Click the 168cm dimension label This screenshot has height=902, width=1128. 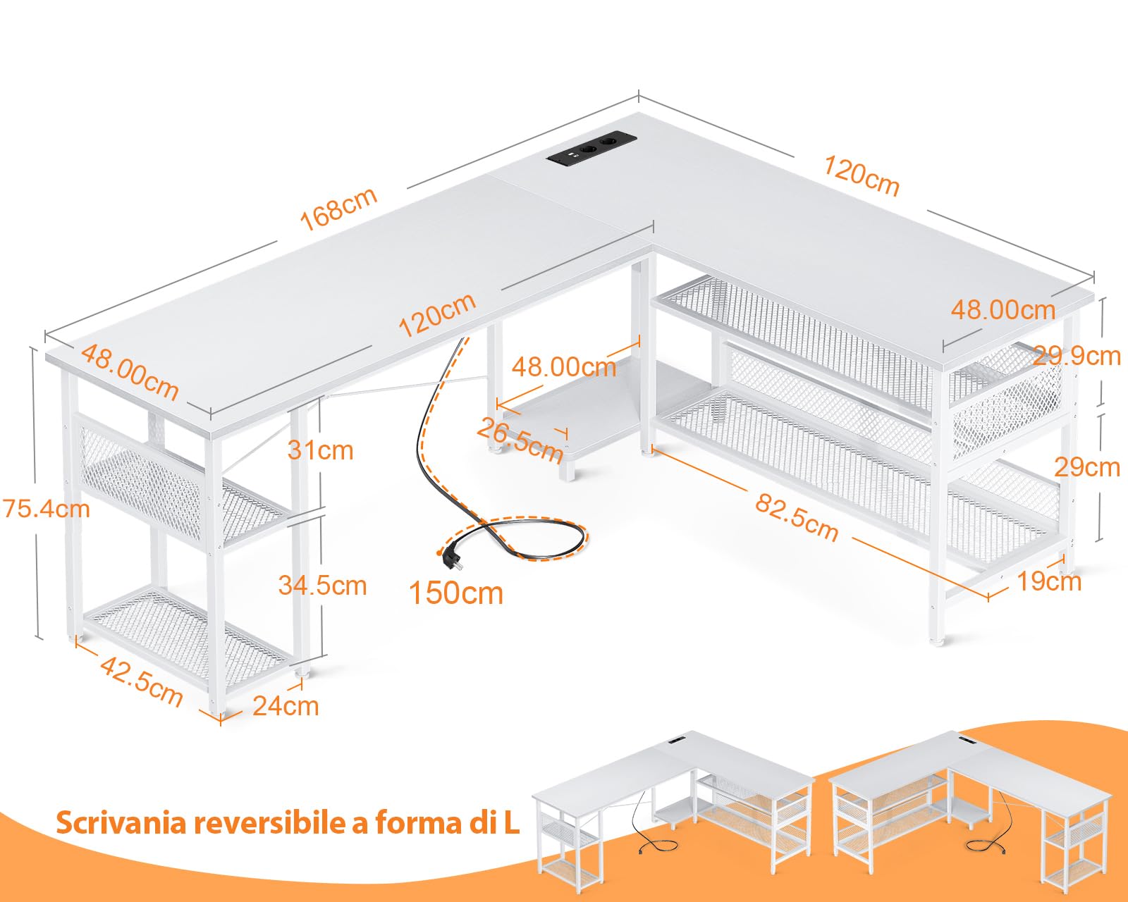(x=338, y=209)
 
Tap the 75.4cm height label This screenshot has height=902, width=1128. (x=47, y=508)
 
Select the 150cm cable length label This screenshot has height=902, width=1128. (x=456, y=593)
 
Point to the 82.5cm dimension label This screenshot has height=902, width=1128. (x=797, y=518)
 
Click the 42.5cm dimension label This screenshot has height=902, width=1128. (x=141, y=680)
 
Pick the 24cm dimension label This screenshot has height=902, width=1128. (x=286, y=705)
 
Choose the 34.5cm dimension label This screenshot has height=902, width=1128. (x=322, y=585)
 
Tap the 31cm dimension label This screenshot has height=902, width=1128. (x=320, y=450)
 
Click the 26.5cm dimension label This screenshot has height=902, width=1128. (x=520, y=439)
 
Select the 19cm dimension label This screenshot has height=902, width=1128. (x=1049, y=581)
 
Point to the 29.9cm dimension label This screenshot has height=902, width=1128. (x=1077, y=356)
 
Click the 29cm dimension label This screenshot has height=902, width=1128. (x=1086, y=467)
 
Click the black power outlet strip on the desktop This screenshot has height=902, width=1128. (x=592, y=152)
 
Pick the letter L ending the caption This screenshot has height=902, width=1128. (x=511, y=822)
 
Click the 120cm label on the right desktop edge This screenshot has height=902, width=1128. (x=862, y=176)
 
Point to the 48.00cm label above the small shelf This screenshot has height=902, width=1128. (x=564, y=366)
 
